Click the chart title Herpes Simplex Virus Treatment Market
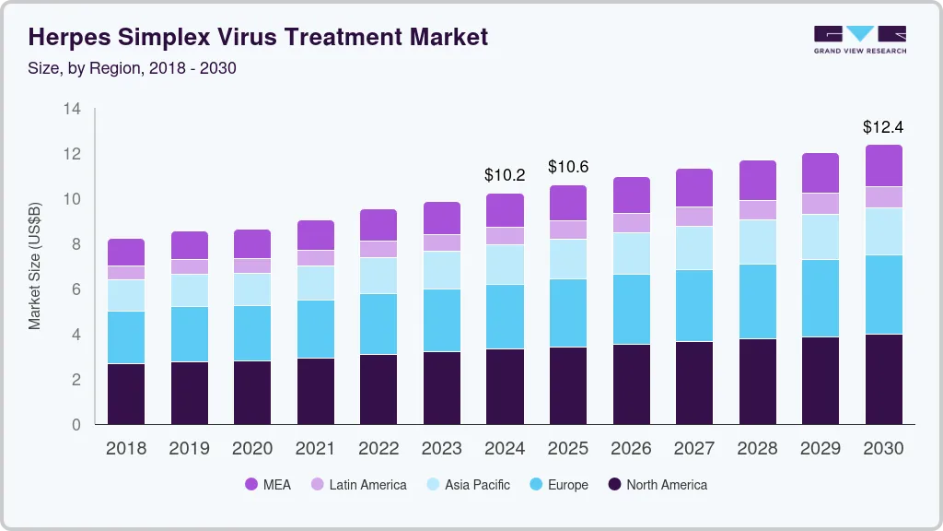click(x=259, y=37)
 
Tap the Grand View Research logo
click(x=859, y=39)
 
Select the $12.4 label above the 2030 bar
click(x=883, y=126)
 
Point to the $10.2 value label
click(x=505, y=174)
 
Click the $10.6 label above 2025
click(x=567, y=167)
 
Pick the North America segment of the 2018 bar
click(x=126, y=394)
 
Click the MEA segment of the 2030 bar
click(x=883, y=166)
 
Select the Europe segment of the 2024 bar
click(x=505, y=316)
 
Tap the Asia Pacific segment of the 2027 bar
click(x=693, y=248)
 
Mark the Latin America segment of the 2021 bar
click(x=315, y=257)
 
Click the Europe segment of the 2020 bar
click(x=252, y=333)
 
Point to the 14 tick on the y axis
click(x=72, y=109)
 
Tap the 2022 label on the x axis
click(x=378, y=448)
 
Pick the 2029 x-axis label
click(x=820, y=448)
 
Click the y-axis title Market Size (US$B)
click(x=35, y=266)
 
